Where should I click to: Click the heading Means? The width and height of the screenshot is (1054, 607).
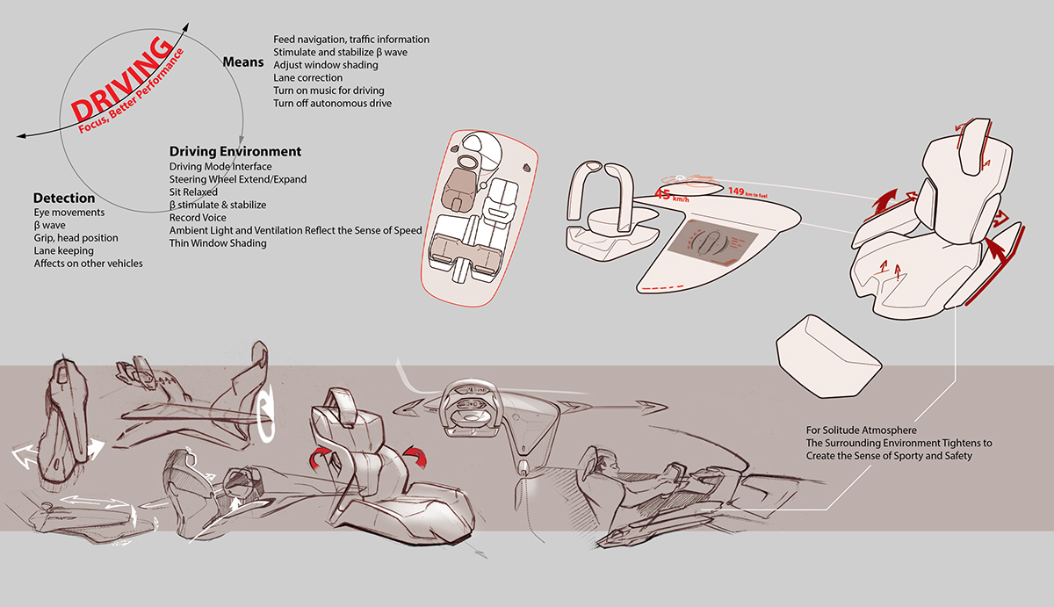pos(243,62)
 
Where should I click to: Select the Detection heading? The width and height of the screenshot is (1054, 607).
pos(64,199)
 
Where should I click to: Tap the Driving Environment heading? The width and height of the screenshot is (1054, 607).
pos(235,152)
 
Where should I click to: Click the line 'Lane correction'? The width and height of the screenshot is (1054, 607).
pos(307,78)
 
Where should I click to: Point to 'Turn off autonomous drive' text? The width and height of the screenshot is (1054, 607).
pos(332,104)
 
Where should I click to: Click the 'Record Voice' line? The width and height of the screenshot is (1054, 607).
pos(198,217)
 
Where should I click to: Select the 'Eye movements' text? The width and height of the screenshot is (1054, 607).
pos(69,213)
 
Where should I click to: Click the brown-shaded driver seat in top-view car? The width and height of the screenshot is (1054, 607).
pos(458,187)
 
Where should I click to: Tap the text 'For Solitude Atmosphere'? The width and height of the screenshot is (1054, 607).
pos(861,430)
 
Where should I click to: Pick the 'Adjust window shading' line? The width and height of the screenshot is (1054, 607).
pos(326,65)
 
